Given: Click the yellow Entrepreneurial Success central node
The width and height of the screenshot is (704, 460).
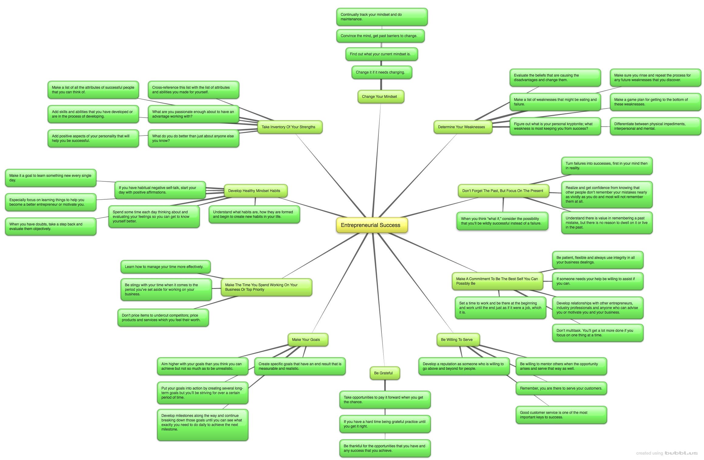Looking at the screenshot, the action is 372,225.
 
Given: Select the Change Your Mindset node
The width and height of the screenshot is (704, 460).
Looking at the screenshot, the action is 381,97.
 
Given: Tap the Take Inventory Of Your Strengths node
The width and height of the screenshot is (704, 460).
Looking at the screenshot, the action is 290,127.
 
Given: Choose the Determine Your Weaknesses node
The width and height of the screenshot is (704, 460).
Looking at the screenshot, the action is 463,127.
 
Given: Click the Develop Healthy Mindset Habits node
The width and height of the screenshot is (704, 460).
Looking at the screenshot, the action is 256,191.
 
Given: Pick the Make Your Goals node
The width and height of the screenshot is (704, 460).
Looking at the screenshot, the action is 308,340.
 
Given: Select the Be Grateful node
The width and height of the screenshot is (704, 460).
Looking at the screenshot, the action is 385,373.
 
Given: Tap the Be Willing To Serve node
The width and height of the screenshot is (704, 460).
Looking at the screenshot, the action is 458,340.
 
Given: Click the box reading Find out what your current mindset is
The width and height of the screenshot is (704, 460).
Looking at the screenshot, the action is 381,54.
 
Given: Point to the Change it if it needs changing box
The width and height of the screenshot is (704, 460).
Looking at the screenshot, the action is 381,72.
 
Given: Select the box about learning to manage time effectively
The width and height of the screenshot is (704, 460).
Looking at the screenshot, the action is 166,267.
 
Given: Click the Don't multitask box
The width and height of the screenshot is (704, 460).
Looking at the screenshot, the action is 598,333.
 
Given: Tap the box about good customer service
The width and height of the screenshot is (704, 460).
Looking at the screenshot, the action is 561,415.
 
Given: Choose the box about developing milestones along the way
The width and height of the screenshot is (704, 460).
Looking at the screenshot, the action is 202,425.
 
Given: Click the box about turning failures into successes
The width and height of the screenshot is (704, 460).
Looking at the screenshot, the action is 607,166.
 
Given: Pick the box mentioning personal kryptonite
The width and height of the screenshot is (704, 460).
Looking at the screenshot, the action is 555,126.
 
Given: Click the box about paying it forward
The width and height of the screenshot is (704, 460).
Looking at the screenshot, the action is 385,400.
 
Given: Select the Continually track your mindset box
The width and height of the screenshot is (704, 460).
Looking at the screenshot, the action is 382,17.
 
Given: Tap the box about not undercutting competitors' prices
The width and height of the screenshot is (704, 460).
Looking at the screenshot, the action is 163,318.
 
